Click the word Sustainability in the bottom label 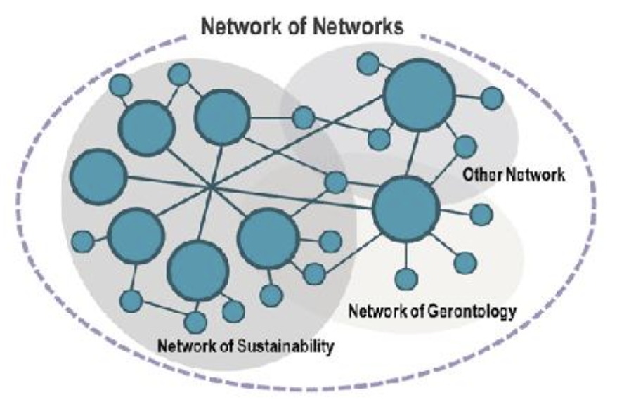(x=286, y=346)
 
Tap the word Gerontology (x=472, y=311)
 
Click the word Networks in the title (x=358, y=27)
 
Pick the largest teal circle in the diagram (x=420, y=95)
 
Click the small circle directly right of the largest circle (x=492, y=98)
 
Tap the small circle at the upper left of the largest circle (x=368, y=63)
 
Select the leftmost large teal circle (x=98, y=176)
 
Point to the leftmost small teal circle (x=83, y=241)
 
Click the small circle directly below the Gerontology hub (x=406, y=279)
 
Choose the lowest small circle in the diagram (x=195, y=322)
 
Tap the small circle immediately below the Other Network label (x=481, y=215)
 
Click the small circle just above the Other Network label (x=465, y=146)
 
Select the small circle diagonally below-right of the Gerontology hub (x=465, y=263)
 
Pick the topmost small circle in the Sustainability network (x=179, y=74)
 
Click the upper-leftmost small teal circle (x=120, y=85)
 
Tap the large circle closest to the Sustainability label (x=198, y=271)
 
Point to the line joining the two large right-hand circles (x=412, y=153)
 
